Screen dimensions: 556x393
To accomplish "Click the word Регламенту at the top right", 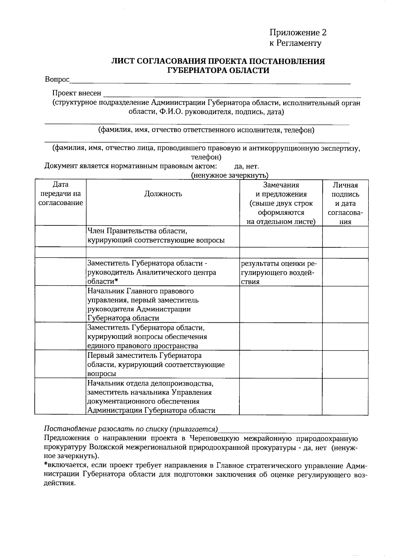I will (x=299, y=43).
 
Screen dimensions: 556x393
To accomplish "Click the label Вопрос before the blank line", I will (x=57, y=79).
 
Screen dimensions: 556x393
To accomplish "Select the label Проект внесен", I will (x=77, y=93).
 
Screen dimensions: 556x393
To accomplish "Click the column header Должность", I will (x=163, y=194).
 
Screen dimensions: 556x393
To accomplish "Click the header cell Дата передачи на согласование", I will (x=61, y=194).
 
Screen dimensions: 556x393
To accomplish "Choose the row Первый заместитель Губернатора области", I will (x=144, y=355).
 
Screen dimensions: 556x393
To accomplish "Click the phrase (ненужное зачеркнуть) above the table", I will (x=230, y=175).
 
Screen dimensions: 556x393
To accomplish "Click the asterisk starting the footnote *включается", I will (x=46, y=465).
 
